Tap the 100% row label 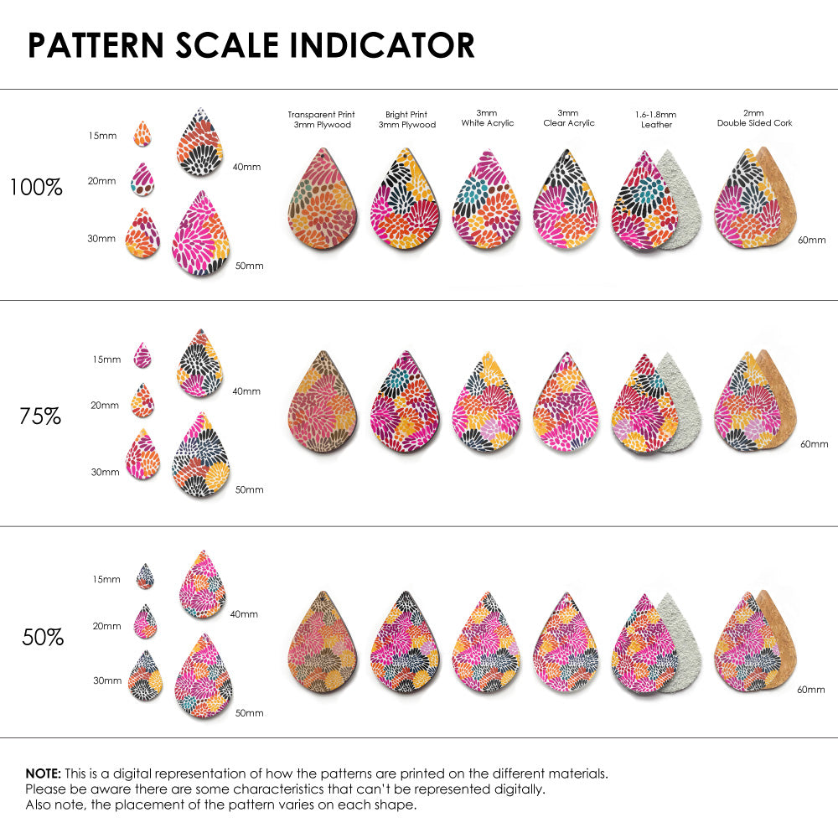(36, 188)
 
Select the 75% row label (40, 416)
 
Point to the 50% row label (43, 638)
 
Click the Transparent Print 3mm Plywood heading (321, 119)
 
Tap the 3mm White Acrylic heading (487, 117)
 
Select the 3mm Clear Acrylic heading (569, 117)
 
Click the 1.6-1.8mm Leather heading (655, 119)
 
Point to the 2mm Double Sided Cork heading (754, 117)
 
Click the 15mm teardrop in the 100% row (142, 133)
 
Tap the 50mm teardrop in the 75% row (201, 456)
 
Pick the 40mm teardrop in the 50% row (203, 584)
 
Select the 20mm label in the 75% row (105, 406)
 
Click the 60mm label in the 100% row (810, 240)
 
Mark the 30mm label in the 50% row (107, 681)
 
